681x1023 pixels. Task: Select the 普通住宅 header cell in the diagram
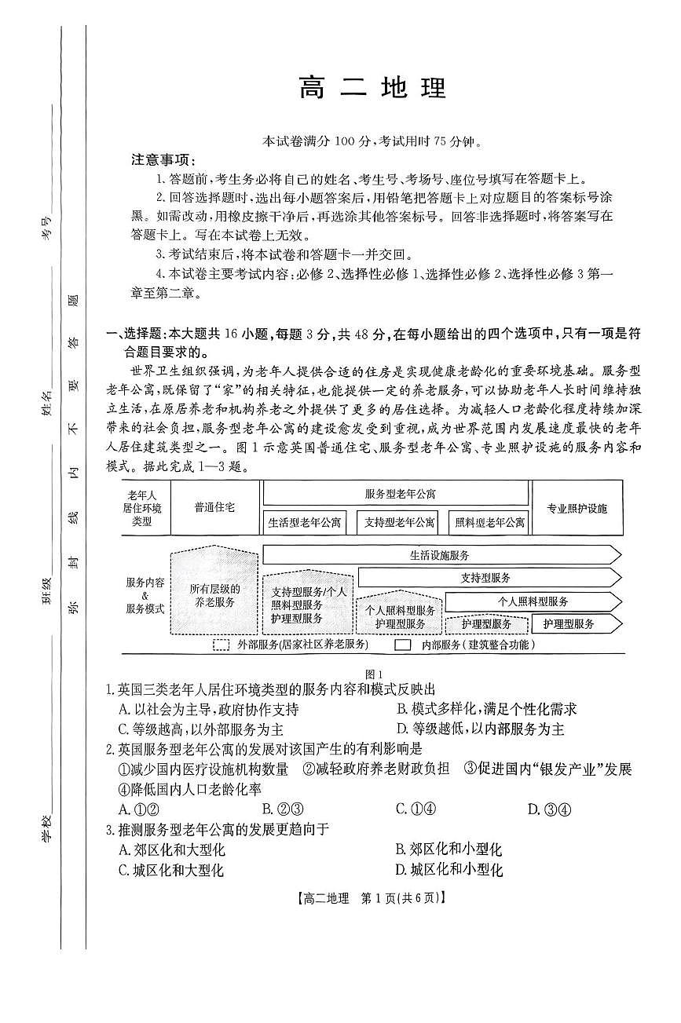tap(214, 508)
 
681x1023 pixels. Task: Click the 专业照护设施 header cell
tap(577, 508)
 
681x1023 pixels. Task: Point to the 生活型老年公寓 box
tap(304, 521)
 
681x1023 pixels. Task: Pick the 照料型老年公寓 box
tap(489, 521)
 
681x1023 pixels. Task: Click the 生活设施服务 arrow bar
tap(440, 555)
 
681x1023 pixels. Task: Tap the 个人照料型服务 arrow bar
tap(533, 601)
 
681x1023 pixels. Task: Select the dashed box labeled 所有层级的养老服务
tap(214, 594)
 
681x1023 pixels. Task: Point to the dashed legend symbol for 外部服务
tap(221, 645)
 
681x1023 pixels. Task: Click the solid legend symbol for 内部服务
tap(402, 645)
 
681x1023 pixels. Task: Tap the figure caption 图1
tap(374, 674)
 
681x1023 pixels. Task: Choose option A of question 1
tap(208, 709)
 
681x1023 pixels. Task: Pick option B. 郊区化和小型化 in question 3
tap(449, 849)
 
